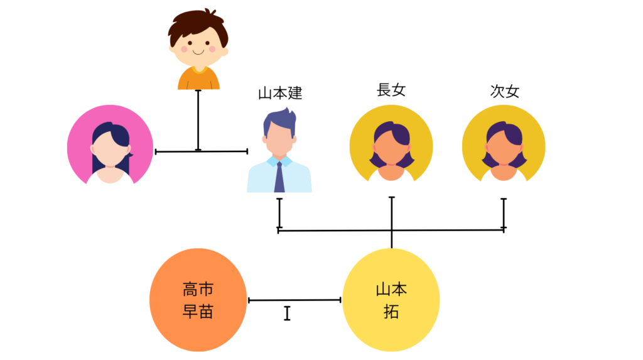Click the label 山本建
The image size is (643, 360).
click(x=280, y=94)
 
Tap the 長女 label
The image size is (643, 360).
click(x=391, y=90)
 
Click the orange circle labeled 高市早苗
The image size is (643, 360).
click(x=198, y=300)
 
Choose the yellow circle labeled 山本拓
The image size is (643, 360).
click(x=391, y=300)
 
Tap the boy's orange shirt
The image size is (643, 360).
click(x=198, y=79)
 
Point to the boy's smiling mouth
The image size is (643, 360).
click(x=198, y=52)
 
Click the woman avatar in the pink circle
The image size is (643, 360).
click(x=110, y=146)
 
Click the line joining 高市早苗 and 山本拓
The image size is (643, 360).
click(x=294, y=300)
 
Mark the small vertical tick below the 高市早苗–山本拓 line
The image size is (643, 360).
click(x=287, y=313)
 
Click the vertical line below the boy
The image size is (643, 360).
click(x=198, y=119)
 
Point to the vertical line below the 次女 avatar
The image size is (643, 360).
click(x=504, y=214)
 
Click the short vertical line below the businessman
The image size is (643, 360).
click(x=279, y=214)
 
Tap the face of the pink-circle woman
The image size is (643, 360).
click(x=110, y=151)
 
